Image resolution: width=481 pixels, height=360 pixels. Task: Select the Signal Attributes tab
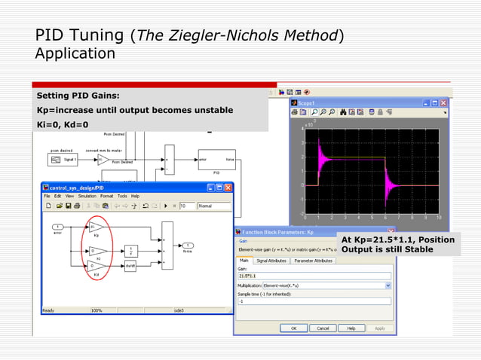[x=271, y=261]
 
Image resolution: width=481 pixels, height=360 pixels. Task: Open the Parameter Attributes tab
[x=313, y=261]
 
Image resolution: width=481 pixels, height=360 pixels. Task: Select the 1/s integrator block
[x=130, y=249]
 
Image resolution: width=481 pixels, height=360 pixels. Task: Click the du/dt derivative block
[x=130, y=266]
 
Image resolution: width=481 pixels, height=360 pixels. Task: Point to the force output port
[x=188, y=246]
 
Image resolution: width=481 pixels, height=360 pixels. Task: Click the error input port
[x=57, y=227]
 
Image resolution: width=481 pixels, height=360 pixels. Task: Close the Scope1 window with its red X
[x=443, y=102]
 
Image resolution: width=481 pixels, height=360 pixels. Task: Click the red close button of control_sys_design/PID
[x=227, y=187]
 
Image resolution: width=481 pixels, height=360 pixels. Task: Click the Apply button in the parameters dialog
[x=380, y=328]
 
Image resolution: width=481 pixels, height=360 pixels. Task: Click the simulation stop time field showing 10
[x=185, y=206]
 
